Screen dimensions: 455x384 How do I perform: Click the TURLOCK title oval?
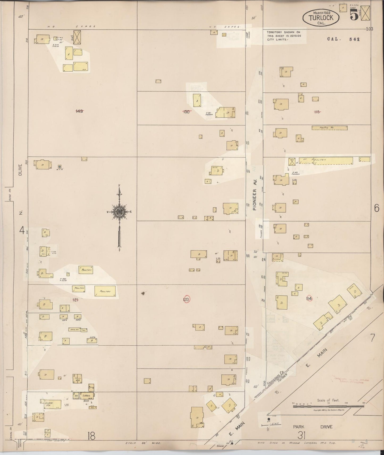(321, 17)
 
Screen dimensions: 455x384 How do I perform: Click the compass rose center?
(119, 212)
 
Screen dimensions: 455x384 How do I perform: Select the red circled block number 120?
(187, 299)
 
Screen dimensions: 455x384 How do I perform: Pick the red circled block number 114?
(309, 298)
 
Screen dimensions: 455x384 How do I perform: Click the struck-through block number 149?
(79, 111)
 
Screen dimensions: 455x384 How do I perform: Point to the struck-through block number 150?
(187, 112)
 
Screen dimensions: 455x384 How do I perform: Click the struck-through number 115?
(317, 112)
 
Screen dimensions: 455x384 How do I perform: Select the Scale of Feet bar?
(328, 406)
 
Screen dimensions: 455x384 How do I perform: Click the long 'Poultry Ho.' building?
(329, 128)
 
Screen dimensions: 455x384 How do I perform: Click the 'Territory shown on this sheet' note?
(284, 36)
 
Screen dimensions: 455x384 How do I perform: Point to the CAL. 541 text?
(343, 39)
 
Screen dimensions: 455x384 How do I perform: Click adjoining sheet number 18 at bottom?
(91, 436)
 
